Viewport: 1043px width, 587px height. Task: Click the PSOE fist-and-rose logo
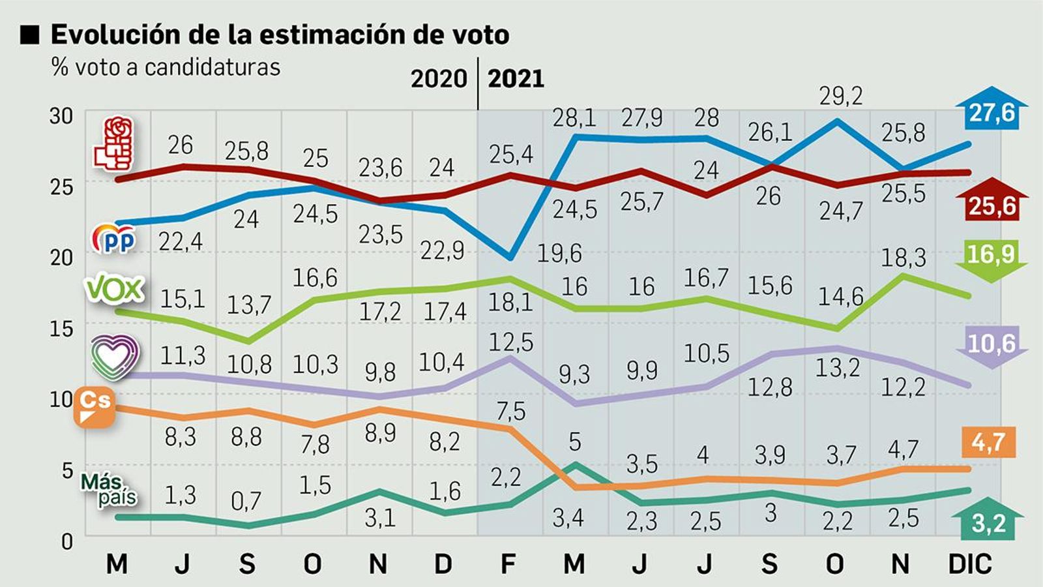[x=115, y=145]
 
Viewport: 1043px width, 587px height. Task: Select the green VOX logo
[x=115, y=289]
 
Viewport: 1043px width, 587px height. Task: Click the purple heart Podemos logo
[x=115, y=357]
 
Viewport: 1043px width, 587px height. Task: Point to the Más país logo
[x=108, y=490]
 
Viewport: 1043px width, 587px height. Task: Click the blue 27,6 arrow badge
[x=991, y=110]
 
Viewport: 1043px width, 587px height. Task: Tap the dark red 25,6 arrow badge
[x=992, y=201]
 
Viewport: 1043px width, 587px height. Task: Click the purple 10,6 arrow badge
[x=991, y=346]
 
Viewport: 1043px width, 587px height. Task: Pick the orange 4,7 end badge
[x=988, y=443]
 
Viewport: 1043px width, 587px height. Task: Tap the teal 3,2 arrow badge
[x=988, y=520]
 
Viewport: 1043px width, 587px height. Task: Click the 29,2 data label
[x=841, y=97]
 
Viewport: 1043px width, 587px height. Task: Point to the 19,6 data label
[x=559, y=253]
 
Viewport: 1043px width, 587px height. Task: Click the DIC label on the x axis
[x=970, y=564]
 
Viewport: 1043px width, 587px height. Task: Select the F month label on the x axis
[x=508, y=564]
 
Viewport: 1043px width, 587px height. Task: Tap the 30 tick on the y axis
[x=62, y=116]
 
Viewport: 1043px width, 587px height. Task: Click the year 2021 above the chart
[x=516, y=79]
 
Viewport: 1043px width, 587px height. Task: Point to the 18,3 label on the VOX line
[x=903, y=258]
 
